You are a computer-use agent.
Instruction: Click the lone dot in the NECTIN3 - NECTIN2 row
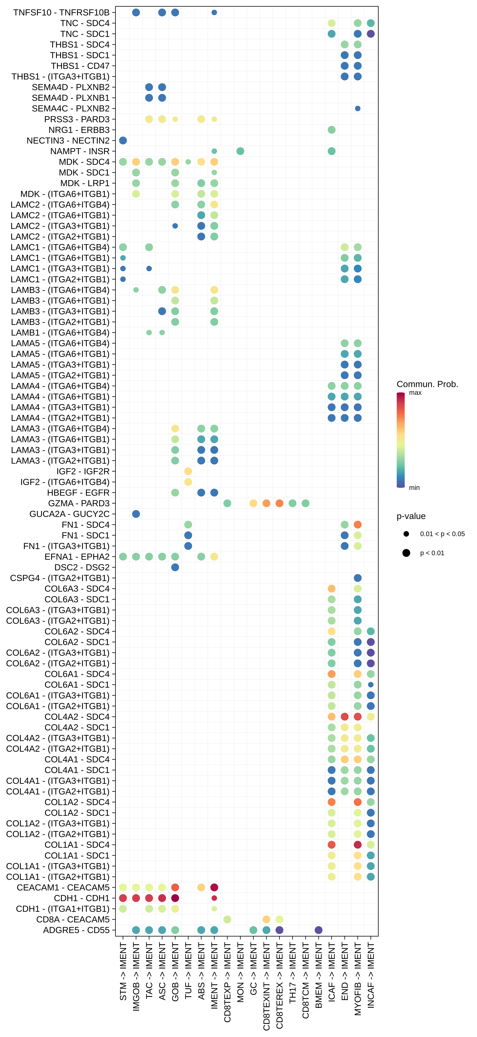coord(123,141)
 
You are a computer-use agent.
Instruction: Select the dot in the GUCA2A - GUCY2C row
coord(136,514)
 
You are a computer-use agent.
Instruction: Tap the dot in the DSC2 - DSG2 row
coord(175,567)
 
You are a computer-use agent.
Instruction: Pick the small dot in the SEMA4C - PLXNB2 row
coord(357,109)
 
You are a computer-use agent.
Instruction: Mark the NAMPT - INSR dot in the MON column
coord(240,151)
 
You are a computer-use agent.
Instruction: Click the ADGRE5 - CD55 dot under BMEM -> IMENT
coord(318,930)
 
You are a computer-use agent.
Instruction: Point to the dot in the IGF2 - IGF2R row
coord(188,471)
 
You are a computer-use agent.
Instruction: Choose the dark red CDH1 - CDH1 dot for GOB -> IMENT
coord(175,898)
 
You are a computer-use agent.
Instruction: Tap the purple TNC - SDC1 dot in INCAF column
coord(371,34)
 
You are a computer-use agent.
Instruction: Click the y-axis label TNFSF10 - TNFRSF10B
coord(61,13)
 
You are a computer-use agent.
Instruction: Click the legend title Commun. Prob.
coord(427,384)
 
